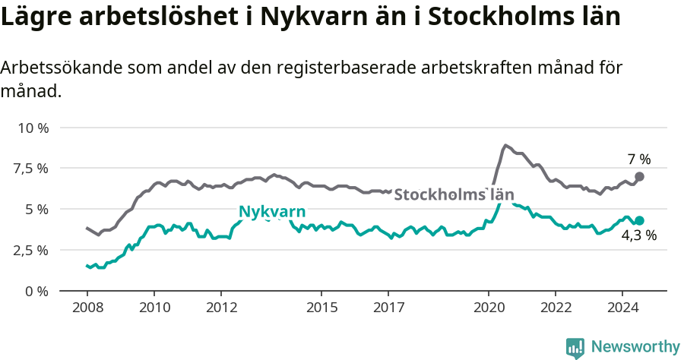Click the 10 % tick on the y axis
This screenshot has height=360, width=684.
[33, 128]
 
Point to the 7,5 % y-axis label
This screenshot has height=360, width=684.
[31, 169]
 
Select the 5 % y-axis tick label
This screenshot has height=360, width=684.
[36, 210]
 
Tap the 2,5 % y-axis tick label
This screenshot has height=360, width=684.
[31, 251]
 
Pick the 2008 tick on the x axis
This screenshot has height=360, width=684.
[87, 308]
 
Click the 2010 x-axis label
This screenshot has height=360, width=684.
[154, 308]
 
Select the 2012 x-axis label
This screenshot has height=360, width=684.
[220, 308]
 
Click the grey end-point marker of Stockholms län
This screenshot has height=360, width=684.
[639, 176]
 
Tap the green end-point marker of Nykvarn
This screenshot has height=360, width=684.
[639, 220]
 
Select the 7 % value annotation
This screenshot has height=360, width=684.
[638, 159]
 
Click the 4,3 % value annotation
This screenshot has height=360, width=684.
[638, 236]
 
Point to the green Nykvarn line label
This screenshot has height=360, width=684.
[272, 211]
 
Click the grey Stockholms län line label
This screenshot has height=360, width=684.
[454, 194]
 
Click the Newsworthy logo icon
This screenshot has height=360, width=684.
[575, 348]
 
